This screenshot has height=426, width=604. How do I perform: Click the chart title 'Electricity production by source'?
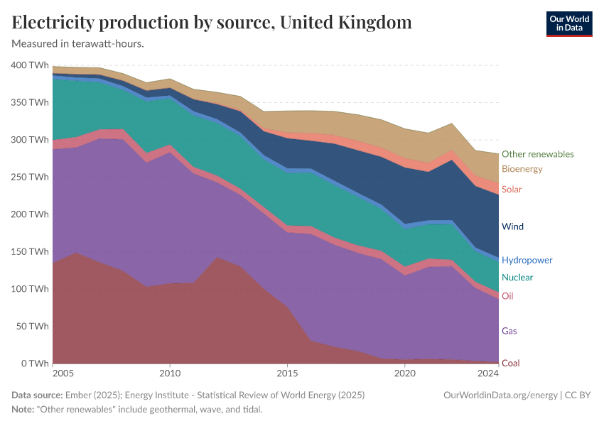click(x=212, y=23)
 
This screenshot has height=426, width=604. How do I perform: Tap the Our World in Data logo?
click(x=568, y=23)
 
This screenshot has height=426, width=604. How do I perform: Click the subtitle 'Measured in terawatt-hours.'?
click(x=78, y=43)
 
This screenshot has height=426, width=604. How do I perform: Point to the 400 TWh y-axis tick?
click(x=30, y=65)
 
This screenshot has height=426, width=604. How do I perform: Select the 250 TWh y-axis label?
click(x=30, y=177)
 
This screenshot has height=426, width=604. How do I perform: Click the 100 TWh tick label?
click(x=30, y=289)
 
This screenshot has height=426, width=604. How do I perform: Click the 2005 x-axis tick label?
click(x=63, y=373)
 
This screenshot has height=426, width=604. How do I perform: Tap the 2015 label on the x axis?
click(x=287, y=373)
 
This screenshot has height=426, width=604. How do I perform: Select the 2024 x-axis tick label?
click(x=488, y=373)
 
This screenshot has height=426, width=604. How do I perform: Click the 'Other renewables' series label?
click(x=537, y=154)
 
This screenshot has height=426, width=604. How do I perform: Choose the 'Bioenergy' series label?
click(x=522, y=169)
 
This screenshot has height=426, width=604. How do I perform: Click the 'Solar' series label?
click(x=512, y=190)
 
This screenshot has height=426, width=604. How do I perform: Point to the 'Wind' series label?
click(x=512, y=227)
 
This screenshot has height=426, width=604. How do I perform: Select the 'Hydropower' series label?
click(x=527, y=261)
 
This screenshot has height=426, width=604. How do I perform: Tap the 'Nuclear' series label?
click(x=517, y=278)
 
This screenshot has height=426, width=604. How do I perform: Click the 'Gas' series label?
click(x=509, y=331)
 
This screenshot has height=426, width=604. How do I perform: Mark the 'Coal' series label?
click(x=510, y=364)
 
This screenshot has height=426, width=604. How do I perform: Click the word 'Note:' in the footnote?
click(x=24, y=410)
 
